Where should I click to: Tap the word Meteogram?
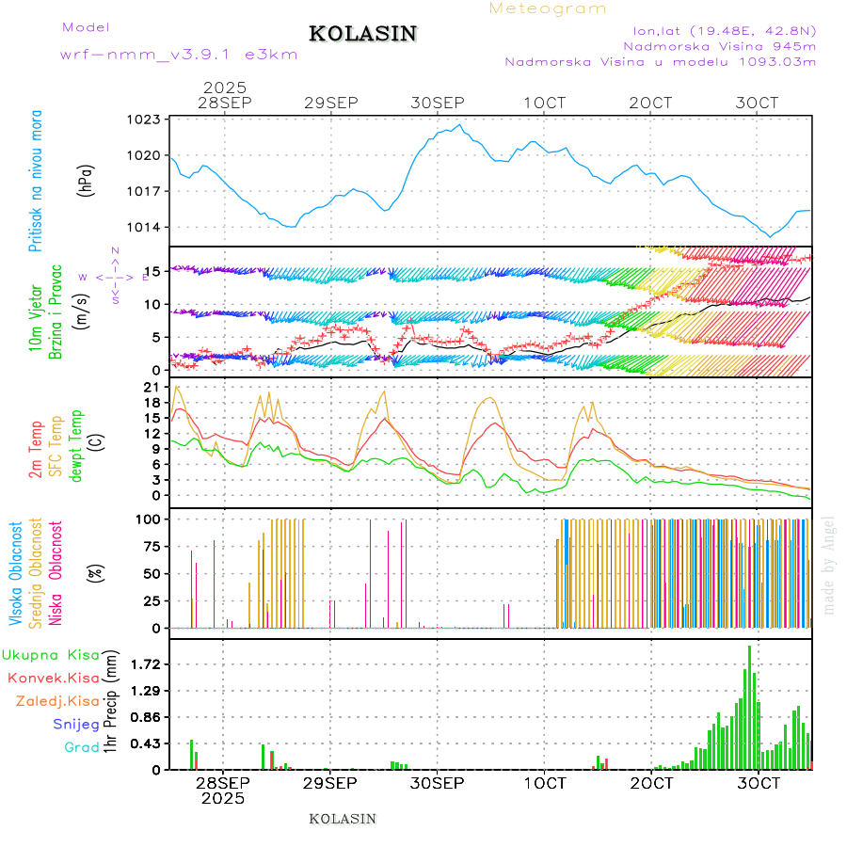pos(548,8)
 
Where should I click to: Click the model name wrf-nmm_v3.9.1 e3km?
pos(179,55)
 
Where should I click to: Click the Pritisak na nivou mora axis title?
pos(35,180)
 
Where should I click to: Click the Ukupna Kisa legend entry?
pos(50,655)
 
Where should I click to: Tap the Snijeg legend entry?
pos(76,725)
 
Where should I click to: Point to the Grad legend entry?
pos(82,748)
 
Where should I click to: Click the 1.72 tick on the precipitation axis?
pos(145,664)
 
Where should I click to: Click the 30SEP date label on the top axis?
pos(438,104)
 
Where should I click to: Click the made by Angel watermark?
pos(829,565)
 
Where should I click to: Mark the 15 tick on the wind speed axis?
pos(152,271)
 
